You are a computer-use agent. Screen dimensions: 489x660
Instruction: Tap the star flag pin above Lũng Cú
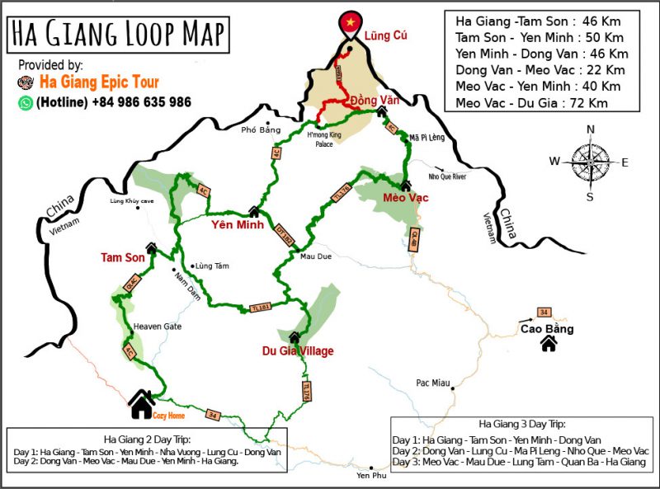point(351,22)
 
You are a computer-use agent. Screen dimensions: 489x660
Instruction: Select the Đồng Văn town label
point(370,100)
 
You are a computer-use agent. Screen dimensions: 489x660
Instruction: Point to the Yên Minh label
point(237,224)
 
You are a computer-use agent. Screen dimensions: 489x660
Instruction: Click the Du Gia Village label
point(298,351)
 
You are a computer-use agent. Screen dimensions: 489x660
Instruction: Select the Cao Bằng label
point(547,329)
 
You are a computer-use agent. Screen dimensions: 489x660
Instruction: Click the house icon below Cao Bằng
point(548,344)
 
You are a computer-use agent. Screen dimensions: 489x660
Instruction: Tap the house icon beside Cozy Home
point(142,403)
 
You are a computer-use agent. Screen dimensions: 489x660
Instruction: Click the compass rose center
point(589,161)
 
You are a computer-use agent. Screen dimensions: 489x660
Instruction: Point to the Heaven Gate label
point(157,327)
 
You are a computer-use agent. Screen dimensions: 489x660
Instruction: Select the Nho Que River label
point(447,176)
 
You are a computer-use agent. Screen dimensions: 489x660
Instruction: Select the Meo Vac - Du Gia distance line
point(538,103)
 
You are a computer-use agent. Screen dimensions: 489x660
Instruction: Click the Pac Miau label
point(433,383)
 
